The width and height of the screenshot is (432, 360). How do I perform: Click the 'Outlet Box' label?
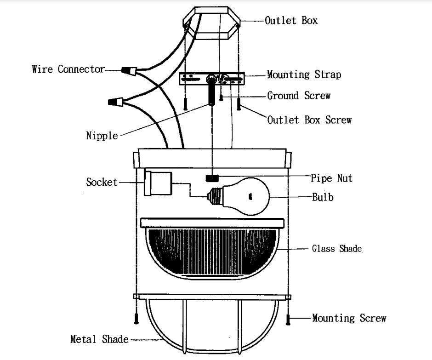click(291, 21)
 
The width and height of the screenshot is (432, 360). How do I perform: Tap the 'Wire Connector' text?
click(68, 69)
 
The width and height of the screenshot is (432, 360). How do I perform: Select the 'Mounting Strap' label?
click(304, 74)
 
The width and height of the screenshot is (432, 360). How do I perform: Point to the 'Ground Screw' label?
click(299, 96)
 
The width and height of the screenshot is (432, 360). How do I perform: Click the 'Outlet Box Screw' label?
click(309, 120)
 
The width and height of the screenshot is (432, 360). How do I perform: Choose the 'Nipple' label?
click(102, 136)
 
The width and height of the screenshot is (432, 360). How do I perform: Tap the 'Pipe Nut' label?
click(332, 178)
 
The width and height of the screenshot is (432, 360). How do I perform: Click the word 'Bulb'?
click(323, 197)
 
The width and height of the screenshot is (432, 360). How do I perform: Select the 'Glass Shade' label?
click(337, 249)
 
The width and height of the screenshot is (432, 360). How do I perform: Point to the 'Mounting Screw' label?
click(349, 318)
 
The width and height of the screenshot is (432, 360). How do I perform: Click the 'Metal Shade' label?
click(99, 339)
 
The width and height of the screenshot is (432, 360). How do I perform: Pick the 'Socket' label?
click(102, 182)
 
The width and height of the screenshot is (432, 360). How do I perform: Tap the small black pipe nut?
click(212, 177)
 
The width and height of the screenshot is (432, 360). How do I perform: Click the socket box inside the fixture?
click(158, 183)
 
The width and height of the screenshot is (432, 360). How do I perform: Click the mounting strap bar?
click(212, 79)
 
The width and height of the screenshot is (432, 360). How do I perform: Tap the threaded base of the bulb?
click(214, 196)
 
